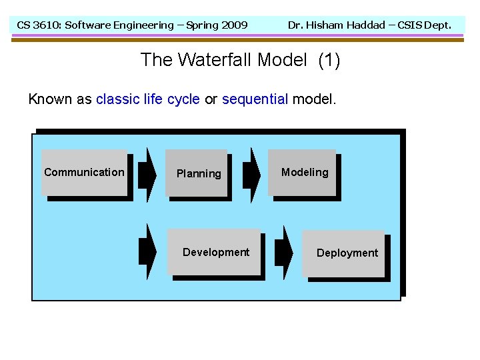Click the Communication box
click(x=84, y=173)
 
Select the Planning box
click(x=198, y=173)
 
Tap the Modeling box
click(x=304, y=173)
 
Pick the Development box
click(x=215, y=252)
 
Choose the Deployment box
click(x=346, y=253)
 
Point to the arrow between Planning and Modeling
click(x=251, y=174)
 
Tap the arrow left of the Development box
click(x=147, y=251)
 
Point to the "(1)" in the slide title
click(x=329, y=61)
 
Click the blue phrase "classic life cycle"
click(x=147, y=99)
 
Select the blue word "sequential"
click(x=255, y=99)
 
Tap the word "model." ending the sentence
click(x=315, y=99)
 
